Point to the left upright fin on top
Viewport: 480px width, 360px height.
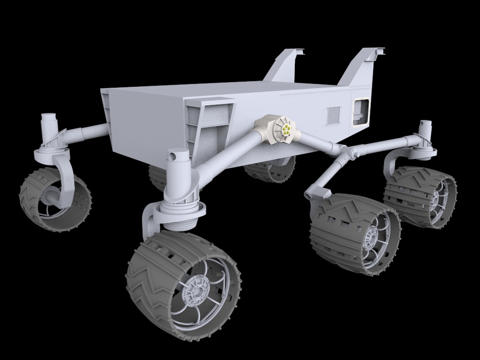(286, 67)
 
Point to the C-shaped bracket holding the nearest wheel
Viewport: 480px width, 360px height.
(152, 222)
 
